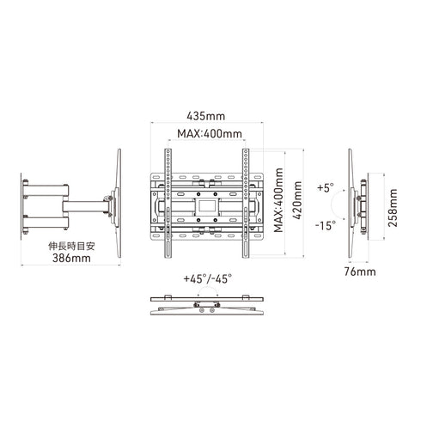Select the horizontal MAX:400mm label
pos(209,134)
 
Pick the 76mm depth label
pos(365,272)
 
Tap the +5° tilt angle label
pos(325,186)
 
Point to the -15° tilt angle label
pos(325,226)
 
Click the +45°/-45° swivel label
pos(206,279)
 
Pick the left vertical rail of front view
pos(168,203)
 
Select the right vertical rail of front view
pos(246,203)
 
